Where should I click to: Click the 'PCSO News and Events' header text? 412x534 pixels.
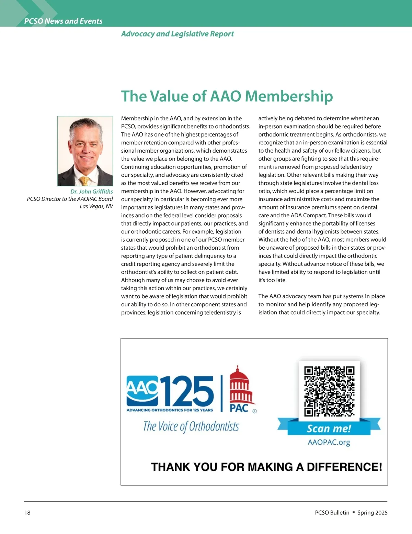[x=64, y=21]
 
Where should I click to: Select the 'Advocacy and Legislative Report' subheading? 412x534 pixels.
[x=178, y=34]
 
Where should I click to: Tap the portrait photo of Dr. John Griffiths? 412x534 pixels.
[x=85, y=151]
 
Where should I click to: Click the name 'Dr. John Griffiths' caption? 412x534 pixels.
[x=92, y=192]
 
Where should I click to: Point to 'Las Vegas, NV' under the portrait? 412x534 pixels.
[x=96, y=206]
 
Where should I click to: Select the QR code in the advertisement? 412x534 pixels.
[x=329, y=391]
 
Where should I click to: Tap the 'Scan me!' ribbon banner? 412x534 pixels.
[x=329, y=428]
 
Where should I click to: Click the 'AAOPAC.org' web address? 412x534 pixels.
[x=329, y=442]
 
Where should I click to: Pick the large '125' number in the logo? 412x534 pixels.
[x=188, y=391]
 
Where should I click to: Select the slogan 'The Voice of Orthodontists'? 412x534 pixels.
[x=191, y=426]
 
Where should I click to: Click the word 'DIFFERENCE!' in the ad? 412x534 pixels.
[x=344, y=467]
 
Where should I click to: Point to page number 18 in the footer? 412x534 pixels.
[x=27, y=513]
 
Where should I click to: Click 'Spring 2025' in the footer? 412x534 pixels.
[x=373, y=513]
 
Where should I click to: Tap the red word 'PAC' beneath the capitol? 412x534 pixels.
[x=239, y=408]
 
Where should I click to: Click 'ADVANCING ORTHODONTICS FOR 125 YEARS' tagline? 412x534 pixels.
[x=170, y=410]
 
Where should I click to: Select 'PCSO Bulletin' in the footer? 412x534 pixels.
[x=332, y=513]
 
